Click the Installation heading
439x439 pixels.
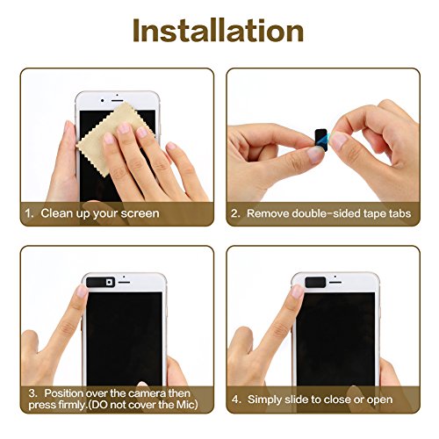(x=218, y=31)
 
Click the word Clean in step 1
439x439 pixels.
(x=56, y=213)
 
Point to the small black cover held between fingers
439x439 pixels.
(x=321, y=139)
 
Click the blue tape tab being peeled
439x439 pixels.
(x=329, y=138)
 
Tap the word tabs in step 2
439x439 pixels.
(x=399, y=213)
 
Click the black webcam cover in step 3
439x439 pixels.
(x=100, y=282)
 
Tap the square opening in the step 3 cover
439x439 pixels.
(x=109, y=282)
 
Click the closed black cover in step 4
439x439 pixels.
(x=315, y=282)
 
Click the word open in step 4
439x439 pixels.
(x=379, y=400)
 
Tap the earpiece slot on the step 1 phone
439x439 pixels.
(x=118, y=101)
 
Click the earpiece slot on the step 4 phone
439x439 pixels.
(x=335, y=283)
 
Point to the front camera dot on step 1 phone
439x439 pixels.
(x=102, y=101)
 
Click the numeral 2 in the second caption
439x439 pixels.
(x=234, y=213)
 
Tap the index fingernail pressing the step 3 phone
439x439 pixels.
(x=81, y=291)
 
